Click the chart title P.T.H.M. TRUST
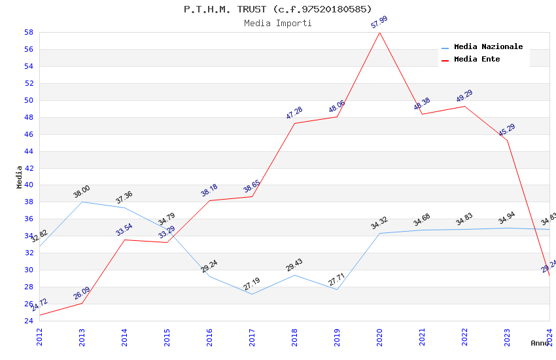click(x=277, y=9)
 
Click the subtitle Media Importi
click(x=277, y=24)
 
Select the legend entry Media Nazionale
click(x=488, y=47)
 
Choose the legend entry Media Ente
click(x=476, y=60)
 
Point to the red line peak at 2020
click(x=379, y=32)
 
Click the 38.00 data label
click(x=82, y=192)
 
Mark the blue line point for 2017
click(x=252, y=294)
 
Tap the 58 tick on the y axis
click(x=29, y=32)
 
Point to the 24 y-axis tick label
click(x=29, y=321)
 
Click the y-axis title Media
click(x=19, y=177)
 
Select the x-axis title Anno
click(x=540, y=343)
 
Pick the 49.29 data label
click(x=464, y=96)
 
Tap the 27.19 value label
click(x=252, y=284)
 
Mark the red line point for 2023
click(x=507, y=140)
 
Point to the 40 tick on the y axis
click(x=29, y=185)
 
